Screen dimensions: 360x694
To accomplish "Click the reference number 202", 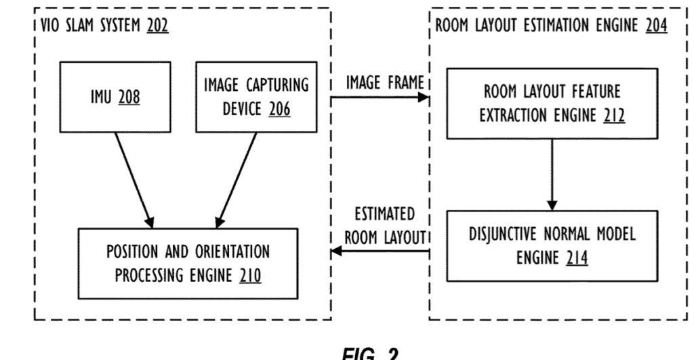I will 155,28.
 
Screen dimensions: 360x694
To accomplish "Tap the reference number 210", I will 249,276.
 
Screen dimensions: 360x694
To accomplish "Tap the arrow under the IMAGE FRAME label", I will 380,98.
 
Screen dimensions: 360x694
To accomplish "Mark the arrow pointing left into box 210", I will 380,252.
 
